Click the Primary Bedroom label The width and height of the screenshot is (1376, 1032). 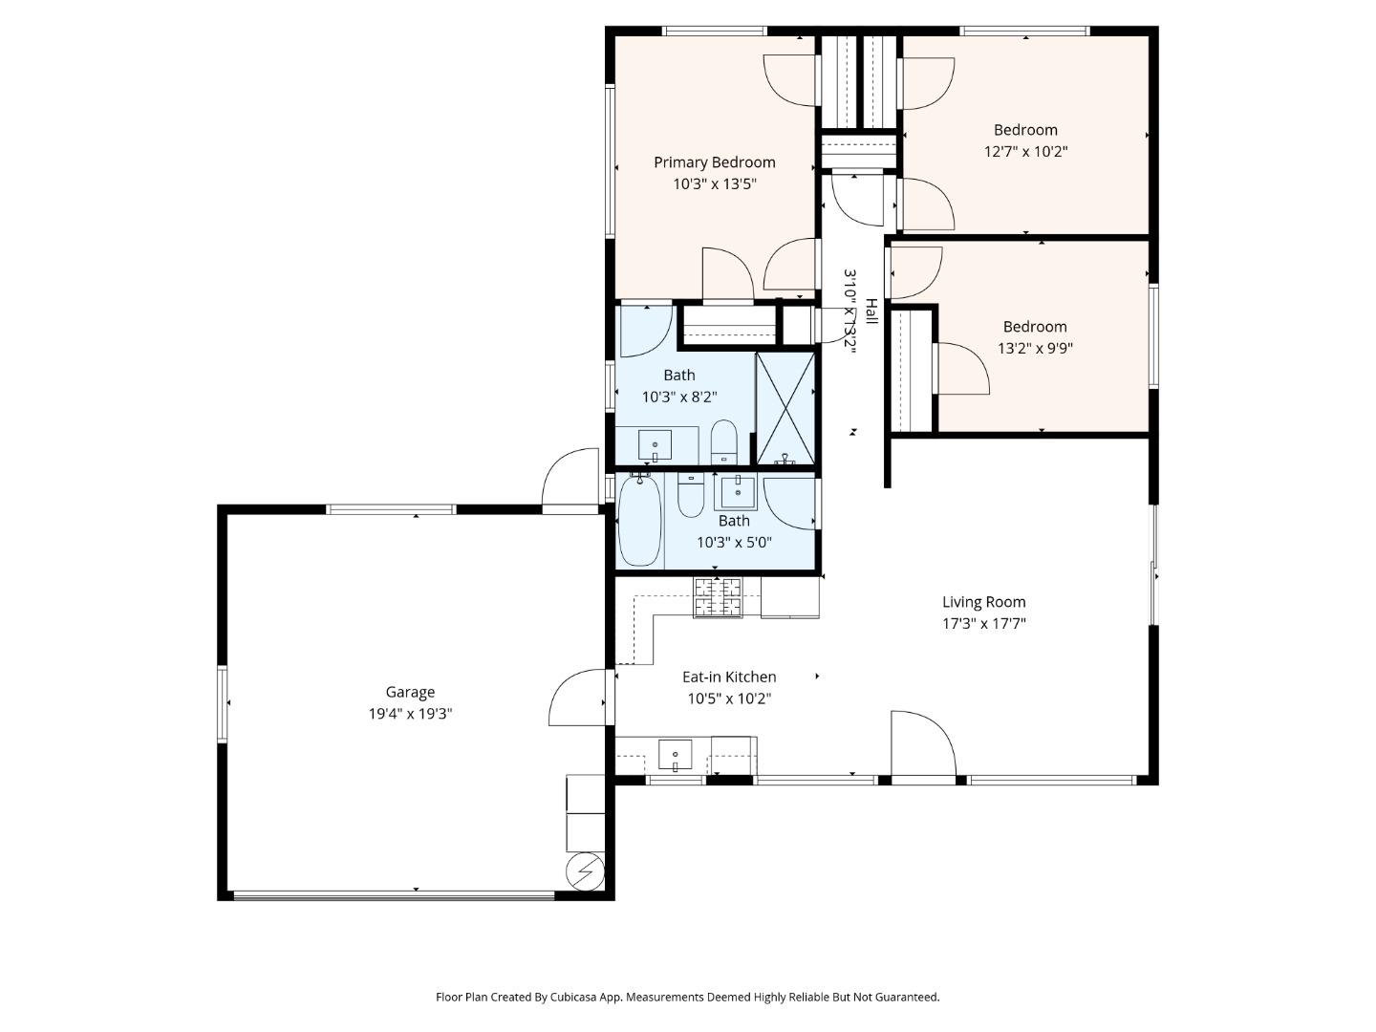point(714,162)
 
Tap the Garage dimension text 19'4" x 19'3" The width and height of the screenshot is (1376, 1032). point(410,714)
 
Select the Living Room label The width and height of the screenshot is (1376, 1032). point(983,602)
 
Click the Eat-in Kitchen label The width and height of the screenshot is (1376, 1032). point(728,677)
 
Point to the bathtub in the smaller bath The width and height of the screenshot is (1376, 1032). point(639,523)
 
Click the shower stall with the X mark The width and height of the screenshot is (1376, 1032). point(785,408)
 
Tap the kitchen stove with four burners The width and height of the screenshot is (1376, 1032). point(718,597)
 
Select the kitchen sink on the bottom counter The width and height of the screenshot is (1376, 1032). point(675,755)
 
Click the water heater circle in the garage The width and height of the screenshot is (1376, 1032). point(585,871)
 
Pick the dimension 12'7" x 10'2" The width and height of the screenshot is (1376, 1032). point(1025,151)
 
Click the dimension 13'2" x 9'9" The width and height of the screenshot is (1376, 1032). point(1035,349)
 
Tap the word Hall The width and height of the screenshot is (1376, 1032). point(871,310)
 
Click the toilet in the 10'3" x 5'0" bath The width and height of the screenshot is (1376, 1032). point(691,494)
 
